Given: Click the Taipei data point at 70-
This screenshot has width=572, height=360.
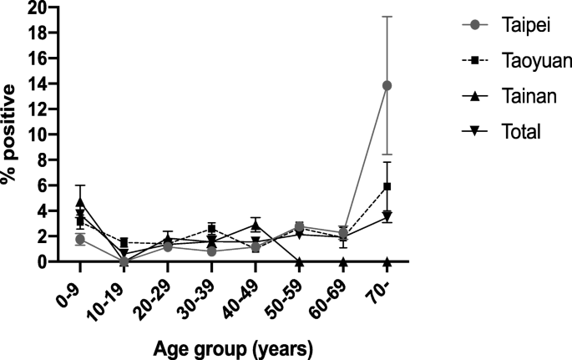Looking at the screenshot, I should click(x=387, y=85).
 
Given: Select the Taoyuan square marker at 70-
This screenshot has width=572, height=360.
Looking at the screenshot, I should click(x=387, y=186).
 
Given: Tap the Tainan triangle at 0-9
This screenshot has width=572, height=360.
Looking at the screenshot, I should click(x=80, y=202).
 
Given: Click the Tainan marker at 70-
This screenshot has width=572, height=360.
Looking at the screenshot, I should click(x=387, y=261).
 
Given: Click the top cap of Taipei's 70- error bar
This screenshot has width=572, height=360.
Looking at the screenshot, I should click(x=387, y=17).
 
